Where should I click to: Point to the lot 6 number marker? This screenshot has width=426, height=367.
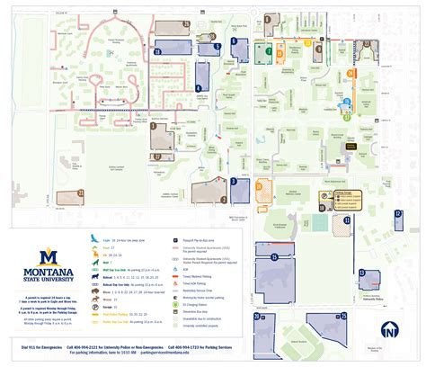[233, 41]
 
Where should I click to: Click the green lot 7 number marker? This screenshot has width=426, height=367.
[268, 53]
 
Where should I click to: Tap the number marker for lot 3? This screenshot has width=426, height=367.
[234, 181]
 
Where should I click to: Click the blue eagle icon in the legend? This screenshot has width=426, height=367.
[93, 237]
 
